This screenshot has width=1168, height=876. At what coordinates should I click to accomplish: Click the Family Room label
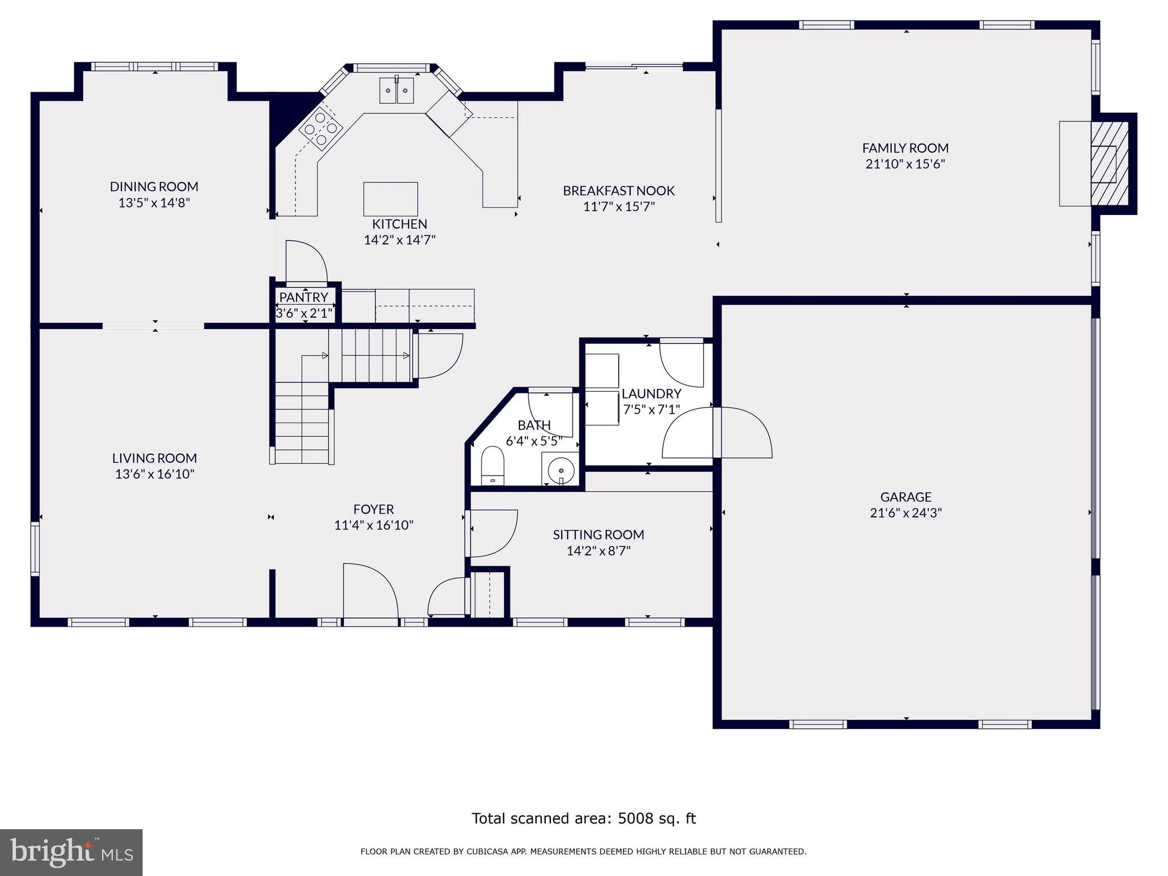(x=905, y=148)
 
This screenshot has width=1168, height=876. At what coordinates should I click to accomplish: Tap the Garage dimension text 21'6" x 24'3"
(x=906, y=513)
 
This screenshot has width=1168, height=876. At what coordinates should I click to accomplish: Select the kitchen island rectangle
(x=391, y=199)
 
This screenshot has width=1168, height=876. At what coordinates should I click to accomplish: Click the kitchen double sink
(x=397, y=90)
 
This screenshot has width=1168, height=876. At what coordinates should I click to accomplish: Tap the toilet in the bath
(x=493, y=465)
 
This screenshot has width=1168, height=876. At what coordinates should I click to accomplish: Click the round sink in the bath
(x=561, y=470)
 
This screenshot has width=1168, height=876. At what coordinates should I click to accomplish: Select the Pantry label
(x=303, y=297)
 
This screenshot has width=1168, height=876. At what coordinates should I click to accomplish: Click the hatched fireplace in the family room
(x=1109, y=163)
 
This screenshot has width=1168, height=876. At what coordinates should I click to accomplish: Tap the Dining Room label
(x=154, y=186)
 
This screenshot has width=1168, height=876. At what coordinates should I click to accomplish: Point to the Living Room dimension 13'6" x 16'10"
(x=155, y=474)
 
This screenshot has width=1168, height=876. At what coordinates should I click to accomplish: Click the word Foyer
(x=374, y=509)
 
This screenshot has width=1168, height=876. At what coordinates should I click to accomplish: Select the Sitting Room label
(x=598, y=535)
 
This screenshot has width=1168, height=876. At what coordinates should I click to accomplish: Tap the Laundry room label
(x=651, y=394)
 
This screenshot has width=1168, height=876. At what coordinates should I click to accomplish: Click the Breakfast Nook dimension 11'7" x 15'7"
(x=619, y=206)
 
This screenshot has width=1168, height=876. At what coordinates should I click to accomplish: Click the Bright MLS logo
(x=71, y=852)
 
